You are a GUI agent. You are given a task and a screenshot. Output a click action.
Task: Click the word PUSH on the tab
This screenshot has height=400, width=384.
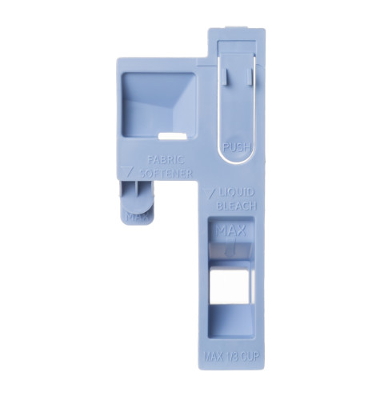[237, 146]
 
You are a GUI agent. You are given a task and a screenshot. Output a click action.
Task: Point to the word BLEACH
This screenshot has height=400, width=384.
[238, 206]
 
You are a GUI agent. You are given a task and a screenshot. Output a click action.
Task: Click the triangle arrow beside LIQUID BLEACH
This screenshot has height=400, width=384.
[210, 191]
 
